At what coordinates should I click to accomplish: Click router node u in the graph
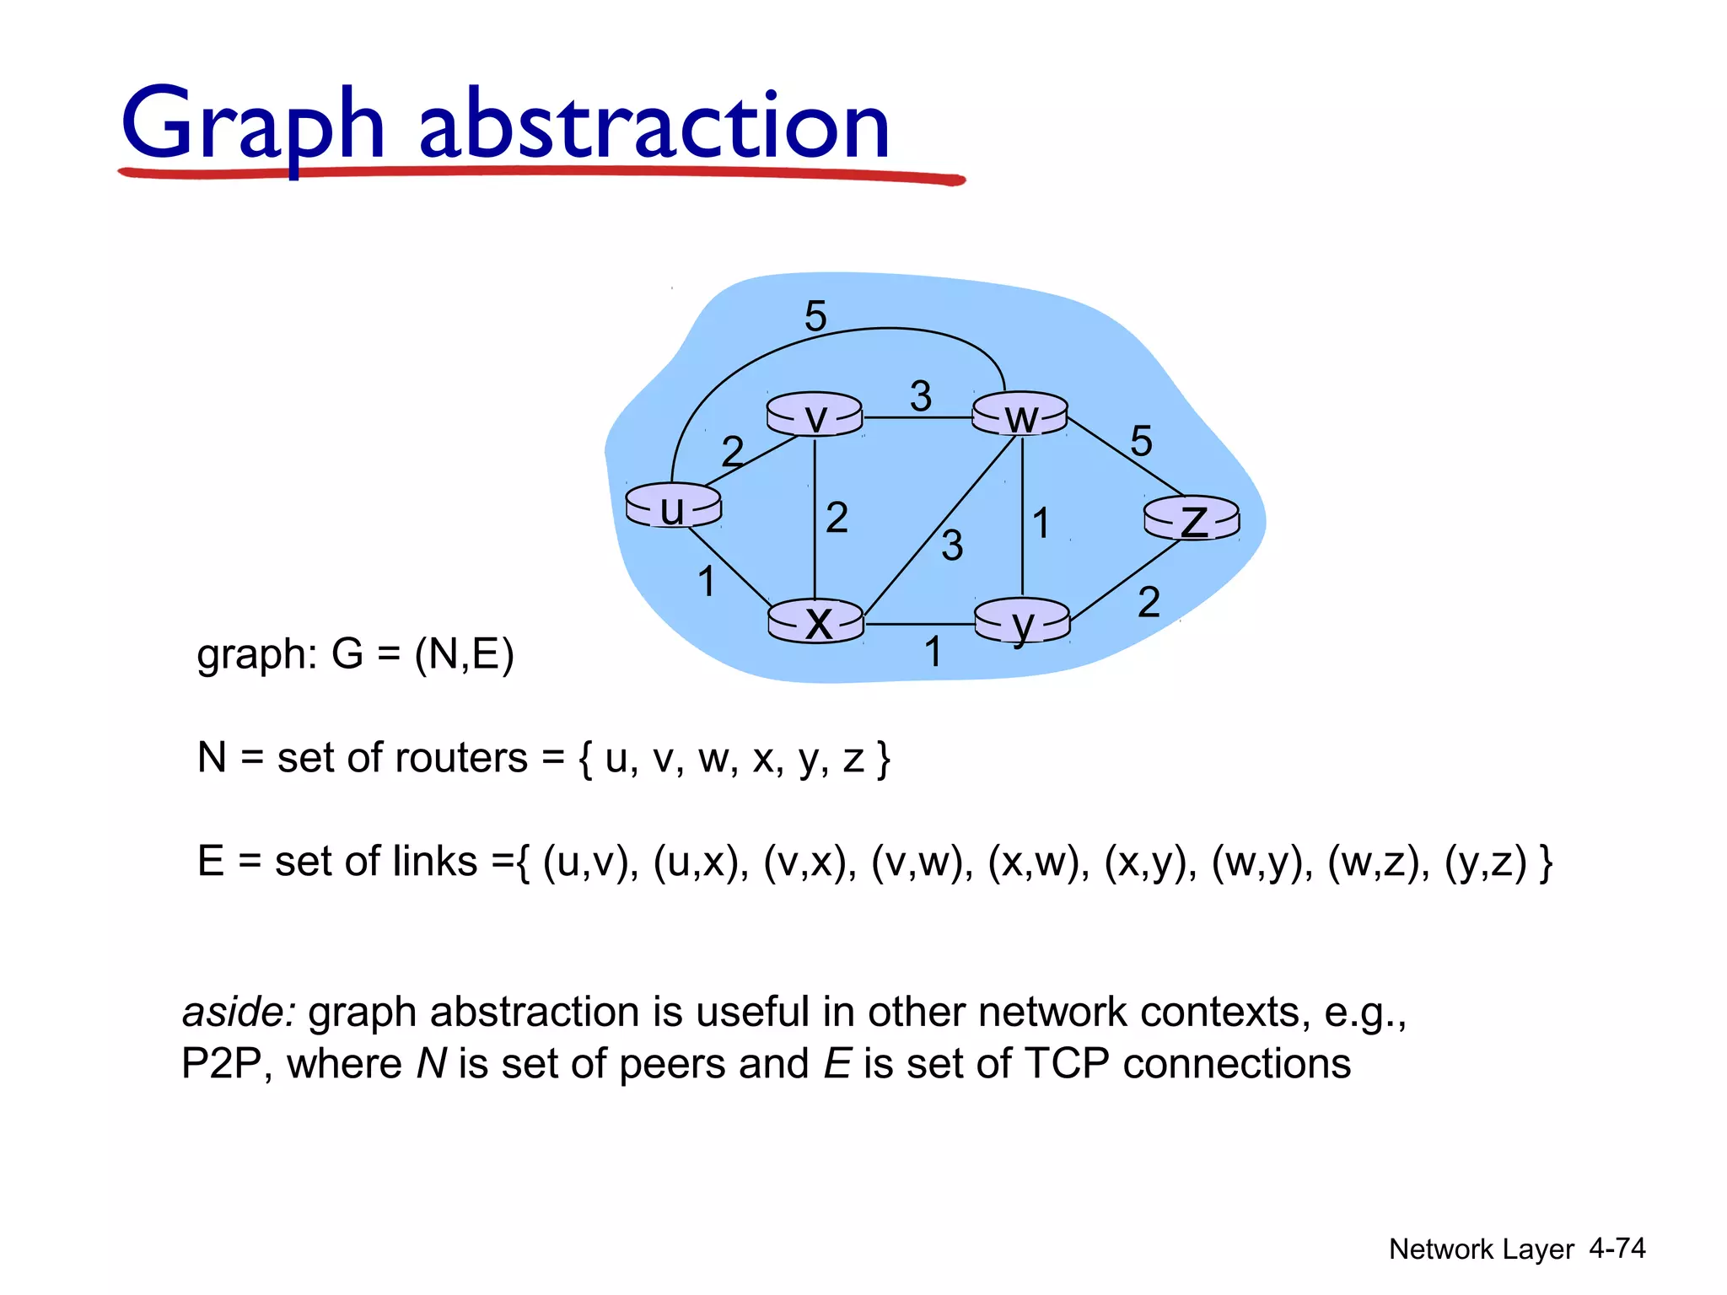point(673,506)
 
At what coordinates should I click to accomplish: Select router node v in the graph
point(815,415)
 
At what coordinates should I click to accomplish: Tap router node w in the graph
point(1020,415)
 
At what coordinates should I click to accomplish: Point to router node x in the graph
point(816,622)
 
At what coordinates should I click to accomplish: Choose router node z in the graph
point(1192,518)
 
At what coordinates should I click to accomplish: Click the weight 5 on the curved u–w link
point(815,316)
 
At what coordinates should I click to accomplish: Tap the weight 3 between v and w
point(921,395)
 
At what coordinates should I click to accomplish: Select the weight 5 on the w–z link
point(1141,440)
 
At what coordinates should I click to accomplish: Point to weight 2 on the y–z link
point(1149,602)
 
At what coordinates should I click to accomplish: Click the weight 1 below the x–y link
point(933,651)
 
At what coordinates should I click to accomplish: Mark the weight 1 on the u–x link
point(707,582)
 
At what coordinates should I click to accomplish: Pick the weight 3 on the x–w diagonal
point(952,545)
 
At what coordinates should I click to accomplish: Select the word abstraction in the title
point(654,126)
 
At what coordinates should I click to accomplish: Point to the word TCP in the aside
point(1067,1063)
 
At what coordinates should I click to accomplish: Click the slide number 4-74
point(1617,1248)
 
